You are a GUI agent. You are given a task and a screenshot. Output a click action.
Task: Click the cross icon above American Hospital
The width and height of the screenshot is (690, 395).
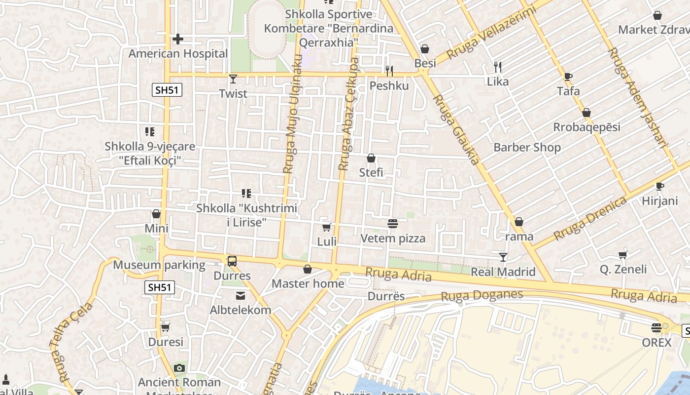pos(178,39)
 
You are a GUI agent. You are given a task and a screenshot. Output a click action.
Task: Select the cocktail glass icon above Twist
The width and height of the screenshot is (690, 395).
pos(233,79)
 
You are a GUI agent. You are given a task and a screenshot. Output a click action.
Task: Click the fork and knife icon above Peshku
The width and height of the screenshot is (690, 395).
pos(389,71)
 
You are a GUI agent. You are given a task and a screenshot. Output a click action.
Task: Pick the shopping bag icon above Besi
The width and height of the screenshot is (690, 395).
pos(425,49)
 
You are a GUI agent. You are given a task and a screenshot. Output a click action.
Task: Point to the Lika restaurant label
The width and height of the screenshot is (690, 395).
pos(498,81)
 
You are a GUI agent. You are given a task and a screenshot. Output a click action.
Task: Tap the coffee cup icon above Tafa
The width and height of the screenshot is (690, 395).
pos(568,77)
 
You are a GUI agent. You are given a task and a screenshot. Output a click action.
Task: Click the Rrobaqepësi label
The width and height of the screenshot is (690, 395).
pos(586,127)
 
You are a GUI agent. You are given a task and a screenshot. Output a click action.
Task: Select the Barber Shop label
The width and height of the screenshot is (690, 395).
pos(527,147)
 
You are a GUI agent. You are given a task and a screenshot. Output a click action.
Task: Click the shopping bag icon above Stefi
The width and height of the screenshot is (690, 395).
pos(371,158)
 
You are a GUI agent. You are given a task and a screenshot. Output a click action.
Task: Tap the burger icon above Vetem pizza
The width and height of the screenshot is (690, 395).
pos(393,224)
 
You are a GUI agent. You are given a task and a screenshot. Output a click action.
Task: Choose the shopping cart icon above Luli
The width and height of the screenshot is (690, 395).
pos(326,227)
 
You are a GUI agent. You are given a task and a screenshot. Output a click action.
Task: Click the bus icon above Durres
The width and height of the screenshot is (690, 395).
pos(232,261)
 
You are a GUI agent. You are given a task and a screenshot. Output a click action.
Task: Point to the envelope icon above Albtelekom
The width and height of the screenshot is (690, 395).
pos(241,295)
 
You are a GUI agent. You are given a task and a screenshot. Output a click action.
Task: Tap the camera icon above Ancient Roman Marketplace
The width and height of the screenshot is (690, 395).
pos(179,368)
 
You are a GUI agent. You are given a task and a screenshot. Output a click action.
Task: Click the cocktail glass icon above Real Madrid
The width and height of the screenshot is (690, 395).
pos(503,257)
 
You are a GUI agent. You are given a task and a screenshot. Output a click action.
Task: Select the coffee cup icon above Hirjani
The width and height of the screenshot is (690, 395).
pos(660,186)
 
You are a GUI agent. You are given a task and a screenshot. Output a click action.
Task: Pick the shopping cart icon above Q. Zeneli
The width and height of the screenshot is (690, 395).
pos(623,255)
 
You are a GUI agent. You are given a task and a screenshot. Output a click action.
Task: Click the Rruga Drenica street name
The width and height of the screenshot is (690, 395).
pos(590,218)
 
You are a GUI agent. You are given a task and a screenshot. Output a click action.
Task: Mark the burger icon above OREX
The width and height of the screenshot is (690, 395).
pos(656,327)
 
